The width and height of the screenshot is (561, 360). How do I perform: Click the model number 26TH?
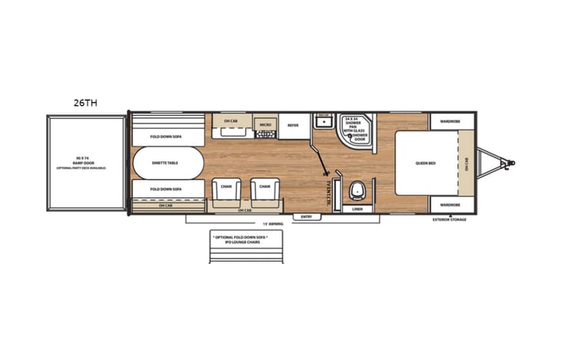pos(84,101)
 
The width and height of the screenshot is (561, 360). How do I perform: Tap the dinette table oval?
pos(167,162)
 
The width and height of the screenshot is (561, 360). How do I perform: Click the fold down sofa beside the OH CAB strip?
pos(166,189)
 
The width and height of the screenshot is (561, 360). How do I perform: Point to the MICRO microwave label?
pos(265,124)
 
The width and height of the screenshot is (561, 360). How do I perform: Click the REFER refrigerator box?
pos(292,125)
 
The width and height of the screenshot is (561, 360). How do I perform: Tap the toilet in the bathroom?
pos(358,190)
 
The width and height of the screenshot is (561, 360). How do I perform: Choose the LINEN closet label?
pos(358,209)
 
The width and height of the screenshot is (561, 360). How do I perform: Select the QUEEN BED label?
pos(426,163)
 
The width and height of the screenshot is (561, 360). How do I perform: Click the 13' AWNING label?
pos(269,224)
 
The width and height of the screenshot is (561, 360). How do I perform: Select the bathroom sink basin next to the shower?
pos(324,121)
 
